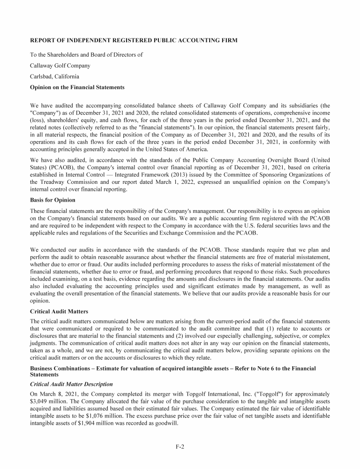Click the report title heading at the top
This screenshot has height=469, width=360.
click(134, 41)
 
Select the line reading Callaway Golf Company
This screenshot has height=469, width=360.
click(60, 66)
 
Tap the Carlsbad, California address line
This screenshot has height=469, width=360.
click(54, 76)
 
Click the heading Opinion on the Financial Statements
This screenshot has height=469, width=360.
click(77, 87)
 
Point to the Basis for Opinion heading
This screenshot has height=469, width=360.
click(52, 200)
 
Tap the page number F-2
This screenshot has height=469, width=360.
click(180, 447)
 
